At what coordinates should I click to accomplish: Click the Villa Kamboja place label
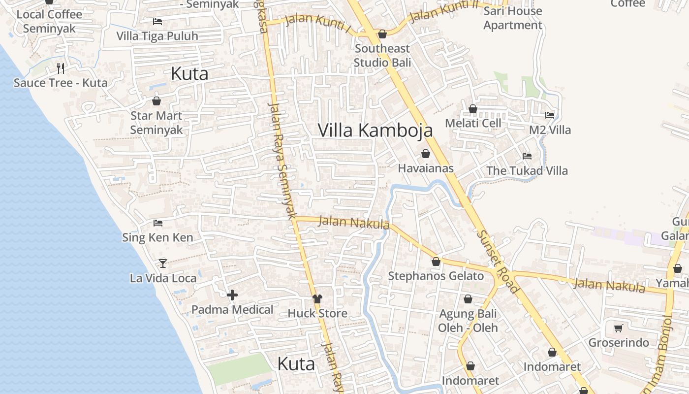click(x=375, y=131)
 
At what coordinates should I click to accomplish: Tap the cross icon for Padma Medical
click(x=232, y=295)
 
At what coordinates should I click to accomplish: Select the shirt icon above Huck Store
click(x=317, y=299)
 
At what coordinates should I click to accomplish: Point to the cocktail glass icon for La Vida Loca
click(x=163, y=263)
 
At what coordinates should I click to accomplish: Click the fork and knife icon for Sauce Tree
click(x=61, y=68)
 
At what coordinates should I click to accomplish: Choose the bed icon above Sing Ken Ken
click(x=157, y=223)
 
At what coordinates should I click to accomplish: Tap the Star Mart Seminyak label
click(x=157, y=123)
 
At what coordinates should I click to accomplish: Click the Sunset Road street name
click(x=497, y=262)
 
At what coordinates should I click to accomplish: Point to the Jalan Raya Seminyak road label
click(x=281, y=160)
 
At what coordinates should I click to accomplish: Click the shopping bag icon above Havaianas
click(x=426, y=154)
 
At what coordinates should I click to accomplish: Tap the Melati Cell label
click(x=473, y=123)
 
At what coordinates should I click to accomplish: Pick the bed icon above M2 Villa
click(x=550, y=115)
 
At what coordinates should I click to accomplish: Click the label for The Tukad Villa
click(x=527, y=171)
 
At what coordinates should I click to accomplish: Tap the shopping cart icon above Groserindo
click(x=619, y=328)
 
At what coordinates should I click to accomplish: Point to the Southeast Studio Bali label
click(x=382, y=56)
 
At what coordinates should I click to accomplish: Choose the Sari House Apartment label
click(x=513, y=18)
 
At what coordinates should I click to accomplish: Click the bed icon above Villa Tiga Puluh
click(x=157, y=22)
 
